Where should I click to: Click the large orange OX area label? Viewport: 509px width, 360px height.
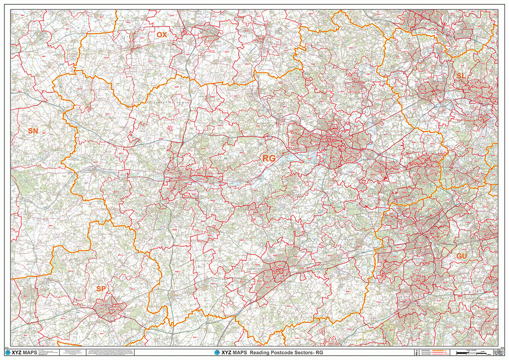(x=162, y=35)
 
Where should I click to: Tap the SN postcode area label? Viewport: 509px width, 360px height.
(x=33, y=131)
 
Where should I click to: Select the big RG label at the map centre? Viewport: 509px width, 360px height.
(x=268, y=158)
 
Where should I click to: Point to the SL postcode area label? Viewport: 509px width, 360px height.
(x=462, y=75)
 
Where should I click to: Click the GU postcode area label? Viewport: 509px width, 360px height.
(x=461, y=256)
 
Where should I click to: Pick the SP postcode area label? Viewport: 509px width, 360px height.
(x=101, y=288)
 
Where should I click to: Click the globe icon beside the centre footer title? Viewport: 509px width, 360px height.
(x=217, y=353)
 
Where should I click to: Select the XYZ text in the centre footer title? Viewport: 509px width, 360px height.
(x=227, y=353)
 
